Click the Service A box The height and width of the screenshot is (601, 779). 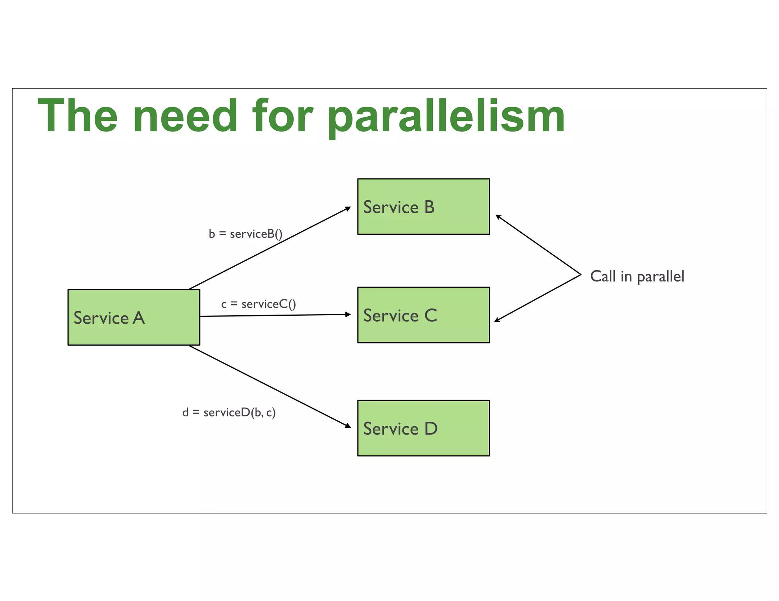point(134,317)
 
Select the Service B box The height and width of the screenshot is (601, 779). point(423,206)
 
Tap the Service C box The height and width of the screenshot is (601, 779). point(423,315)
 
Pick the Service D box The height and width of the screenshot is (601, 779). point(423,428)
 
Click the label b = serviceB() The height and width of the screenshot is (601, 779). point(245,234)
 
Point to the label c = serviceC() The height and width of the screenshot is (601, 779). point(258,304)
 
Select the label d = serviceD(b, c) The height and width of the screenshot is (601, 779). point(229,412)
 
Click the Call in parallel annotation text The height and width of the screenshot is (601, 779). point(637,277)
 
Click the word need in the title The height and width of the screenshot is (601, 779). point(185,116)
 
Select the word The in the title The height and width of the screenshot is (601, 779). point(78,116)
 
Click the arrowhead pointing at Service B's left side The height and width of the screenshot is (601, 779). point(348,208)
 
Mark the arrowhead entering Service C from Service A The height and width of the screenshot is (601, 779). point(348,314)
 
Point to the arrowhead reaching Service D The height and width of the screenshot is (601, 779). point(348,426)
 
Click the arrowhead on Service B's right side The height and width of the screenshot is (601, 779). point(498,217)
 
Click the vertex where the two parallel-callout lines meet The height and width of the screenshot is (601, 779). point(581,274)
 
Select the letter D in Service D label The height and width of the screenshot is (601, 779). point(431,429)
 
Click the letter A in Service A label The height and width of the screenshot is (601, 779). point(139,318)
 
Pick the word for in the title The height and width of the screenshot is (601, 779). point(282,116)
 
